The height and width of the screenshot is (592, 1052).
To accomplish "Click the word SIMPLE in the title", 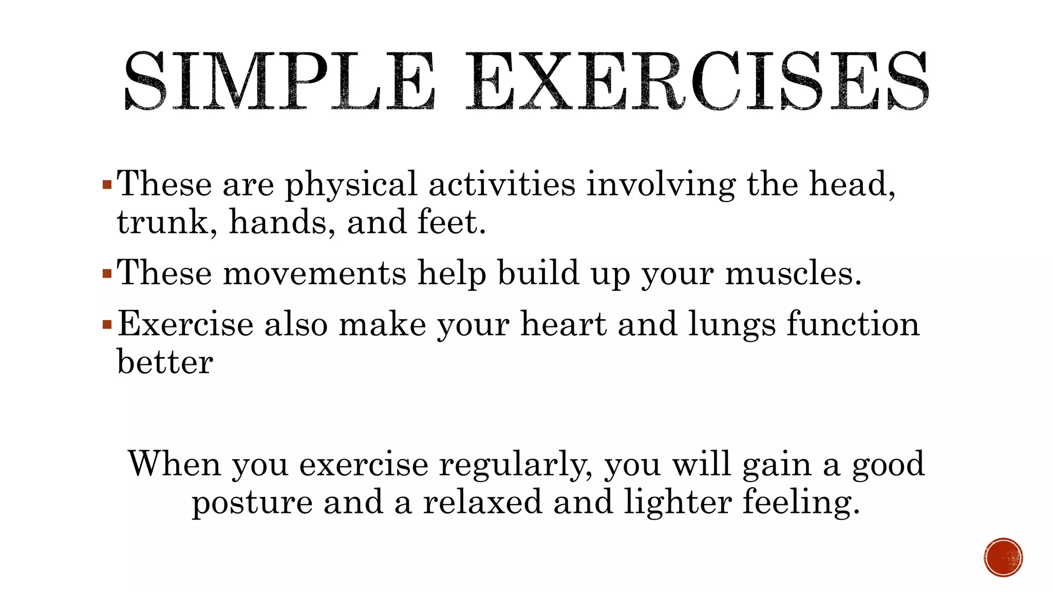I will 279,81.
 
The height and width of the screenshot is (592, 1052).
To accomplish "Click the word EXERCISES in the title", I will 698,81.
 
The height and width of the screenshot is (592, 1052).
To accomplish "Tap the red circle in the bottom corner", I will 1003,557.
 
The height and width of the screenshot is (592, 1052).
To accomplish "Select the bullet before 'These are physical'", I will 107,184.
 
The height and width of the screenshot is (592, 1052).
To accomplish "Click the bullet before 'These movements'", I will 107,273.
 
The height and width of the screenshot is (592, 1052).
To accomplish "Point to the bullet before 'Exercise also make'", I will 107,324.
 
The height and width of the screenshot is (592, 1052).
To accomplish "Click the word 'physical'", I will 351,185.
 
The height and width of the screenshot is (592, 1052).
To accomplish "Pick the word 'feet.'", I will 452,223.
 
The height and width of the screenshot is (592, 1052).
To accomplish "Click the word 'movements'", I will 314,273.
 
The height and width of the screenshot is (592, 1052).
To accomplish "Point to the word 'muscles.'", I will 793,273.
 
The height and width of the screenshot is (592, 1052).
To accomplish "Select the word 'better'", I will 165,362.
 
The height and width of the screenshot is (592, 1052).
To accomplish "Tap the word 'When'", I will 174,464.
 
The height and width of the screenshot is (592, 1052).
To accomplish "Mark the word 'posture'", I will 252,503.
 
